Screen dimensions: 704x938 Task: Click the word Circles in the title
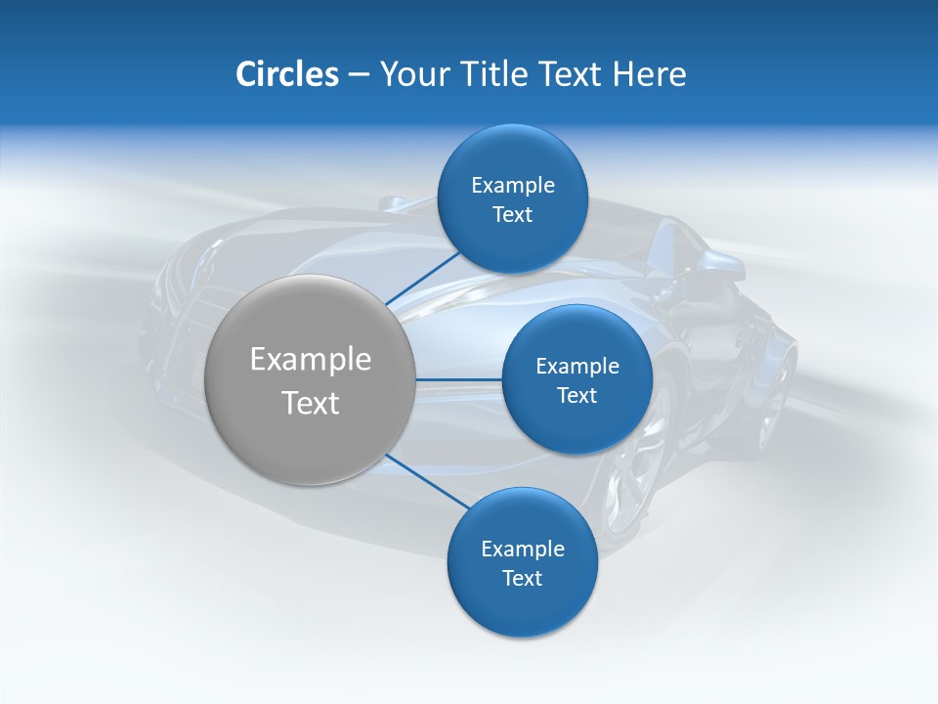point(287,74)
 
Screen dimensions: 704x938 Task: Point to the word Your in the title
point(413,74)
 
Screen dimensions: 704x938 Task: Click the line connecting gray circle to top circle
point(422,278)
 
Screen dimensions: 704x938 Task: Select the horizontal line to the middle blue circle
point(459,379)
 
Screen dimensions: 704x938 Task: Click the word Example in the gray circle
point(311,360)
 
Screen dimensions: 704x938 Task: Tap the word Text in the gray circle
point(311,403)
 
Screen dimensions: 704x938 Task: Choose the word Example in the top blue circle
point(513,185)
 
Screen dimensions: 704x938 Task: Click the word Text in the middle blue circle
point(576,395)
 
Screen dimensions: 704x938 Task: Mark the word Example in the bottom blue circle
point(523,549)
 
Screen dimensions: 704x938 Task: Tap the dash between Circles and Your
point(359,75)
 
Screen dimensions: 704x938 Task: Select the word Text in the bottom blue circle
point(522,578)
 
